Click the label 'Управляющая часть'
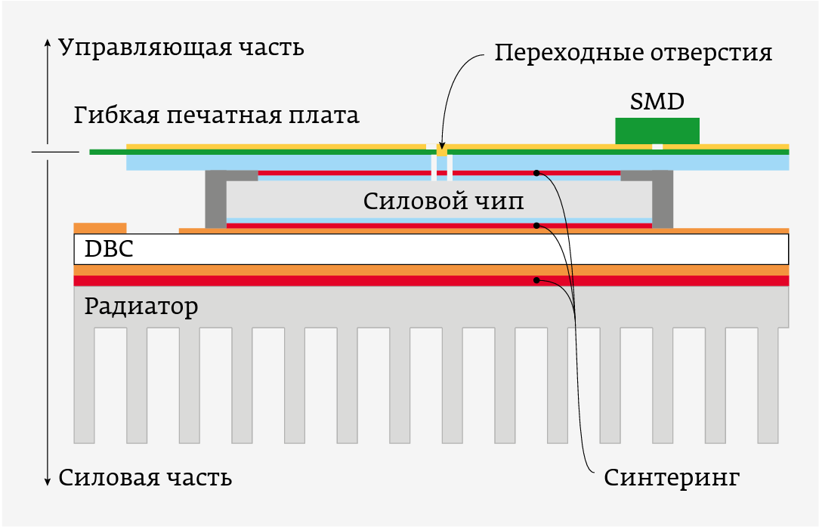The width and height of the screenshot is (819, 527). coord(181,48)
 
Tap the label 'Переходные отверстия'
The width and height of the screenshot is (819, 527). coord(633,54)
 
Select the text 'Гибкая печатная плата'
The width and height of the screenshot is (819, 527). coord(217,116)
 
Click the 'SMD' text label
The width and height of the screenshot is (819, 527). coord(657,101)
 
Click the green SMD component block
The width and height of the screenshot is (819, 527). coord(657,131)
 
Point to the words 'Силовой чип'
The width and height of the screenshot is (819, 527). coord(443,202)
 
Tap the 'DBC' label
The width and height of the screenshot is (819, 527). coord(109,248)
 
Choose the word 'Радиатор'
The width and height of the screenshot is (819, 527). coord(141,307)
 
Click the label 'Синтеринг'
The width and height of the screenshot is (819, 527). coord(671,478)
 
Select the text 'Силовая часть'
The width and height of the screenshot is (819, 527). coord(145,478)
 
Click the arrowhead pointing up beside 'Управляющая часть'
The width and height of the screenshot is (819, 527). coord(48,42)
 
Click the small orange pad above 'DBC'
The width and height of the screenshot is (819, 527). coord(100,227)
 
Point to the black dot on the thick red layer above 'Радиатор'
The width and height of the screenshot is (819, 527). coord(536,280)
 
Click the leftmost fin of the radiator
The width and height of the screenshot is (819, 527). coord(84,385)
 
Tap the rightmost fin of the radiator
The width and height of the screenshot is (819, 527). coord(768,385)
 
